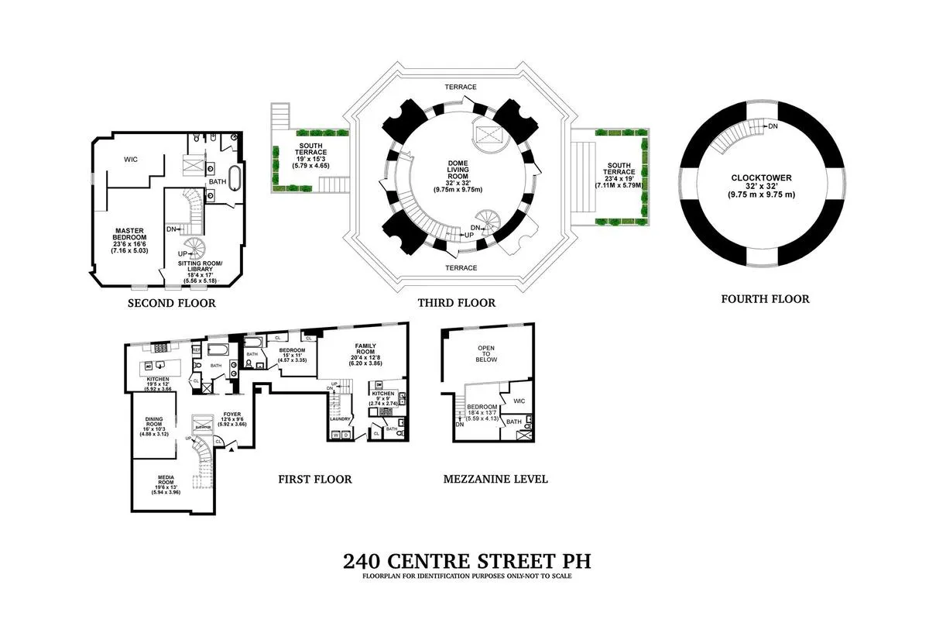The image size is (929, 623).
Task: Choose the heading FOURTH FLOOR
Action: coord(765,298)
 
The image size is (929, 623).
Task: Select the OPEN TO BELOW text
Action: coord(487,355)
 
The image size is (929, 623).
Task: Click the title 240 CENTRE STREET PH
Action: coord(460,560)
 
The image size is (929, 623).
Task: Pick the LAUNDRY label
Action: coord(341,419)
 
